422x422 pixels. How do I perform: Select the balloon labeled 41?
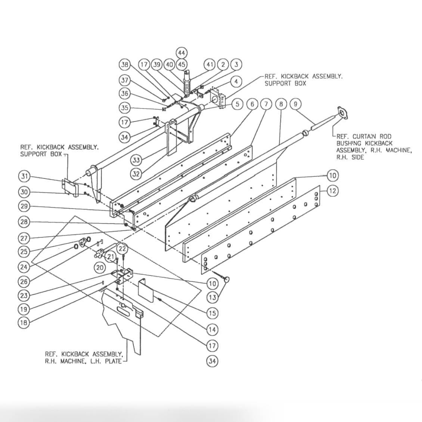point(210,65)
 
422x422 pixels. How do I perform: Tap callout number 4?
point(236,81)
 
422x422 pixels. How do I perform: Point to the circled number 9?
point(295,104)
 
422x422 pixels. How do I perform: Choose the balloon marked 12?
point(333,191)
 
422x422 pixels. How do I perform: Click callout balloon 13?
point(212,297)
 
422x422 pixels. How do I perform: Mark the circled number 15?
point(212,313)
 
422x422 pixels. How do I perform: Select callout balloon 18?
point(24,323)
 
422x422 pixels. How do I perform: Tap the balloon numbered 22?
point(123,248)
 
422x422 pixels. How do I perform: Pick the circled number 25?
point(24,252)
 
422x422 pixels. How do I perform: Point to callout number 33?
point(137,160)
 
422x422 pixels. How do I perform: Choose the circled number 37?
point(125,80)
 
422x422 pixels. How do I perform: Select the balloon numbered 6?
point(252,104)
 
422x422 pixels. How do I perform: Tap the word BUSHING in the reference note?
point(349,143)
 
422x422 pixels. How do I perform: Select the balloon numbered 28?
point(24,222)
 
